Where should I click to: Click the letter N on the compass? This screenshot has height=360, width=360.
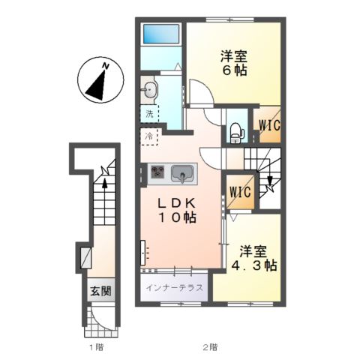[106, 66]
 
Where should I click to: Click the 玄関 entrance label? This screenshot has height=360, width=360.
[100, 291]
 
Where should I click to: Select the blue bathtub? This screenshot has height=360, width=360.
[161, 34]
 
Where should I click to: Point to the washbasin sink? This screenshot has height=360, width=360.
[149, 90]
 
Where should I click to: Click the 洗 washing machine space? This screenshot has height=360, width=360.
[149, 114]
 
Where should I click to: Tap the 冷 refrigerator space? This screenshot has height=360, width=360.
[149, 136]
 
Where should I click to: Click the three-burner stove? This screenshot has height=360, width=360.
[157, 172]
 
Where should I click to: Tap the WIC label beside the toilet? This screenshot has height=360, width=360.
[269, 125]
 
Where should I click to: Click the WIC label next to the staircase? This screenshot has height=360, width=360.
[240, 192]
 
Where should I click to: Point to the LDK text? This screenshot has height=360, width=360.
[176, 203]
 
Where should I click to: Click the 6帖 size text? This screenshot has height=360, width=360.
[234, 70]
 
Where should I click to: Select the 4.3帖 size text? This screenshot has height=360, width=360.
[253, 265]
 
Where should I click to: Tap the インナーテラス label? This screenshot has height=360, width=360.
[174, 288]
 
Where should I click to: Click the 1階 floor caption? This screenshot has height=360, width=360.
[96, 347]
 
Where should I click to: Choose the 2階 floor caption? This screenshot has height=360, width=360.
[210, 347]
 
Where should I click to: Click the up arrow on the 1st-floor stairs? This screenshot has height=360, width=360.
[105, 184]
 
